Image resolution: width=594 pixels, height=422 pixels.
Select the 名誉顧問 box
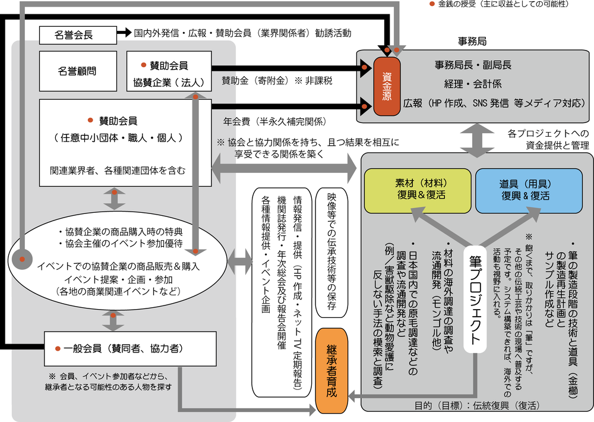78,71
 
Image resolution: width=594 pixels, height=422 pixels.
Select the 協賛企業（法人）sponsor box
169,71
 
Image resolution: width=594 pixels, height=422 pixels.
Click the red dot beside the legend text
432,5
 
